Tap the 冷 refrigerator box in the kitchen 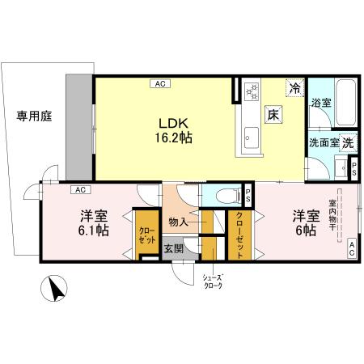[296, 87]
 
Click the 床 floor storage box [274, 114]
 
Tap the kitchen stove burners [251, 91]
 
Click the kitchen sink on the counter [250, 138]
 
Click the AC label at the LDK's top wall [159, 83]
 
